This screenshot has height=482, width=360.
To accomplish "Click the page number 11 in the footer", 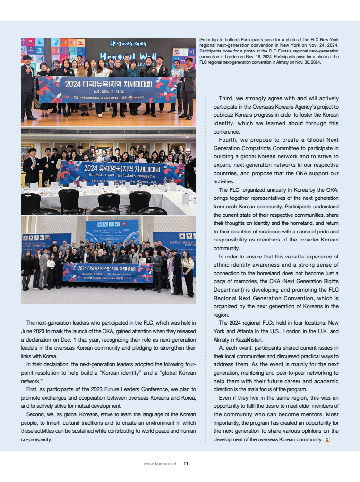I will [x=186, y=464].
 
